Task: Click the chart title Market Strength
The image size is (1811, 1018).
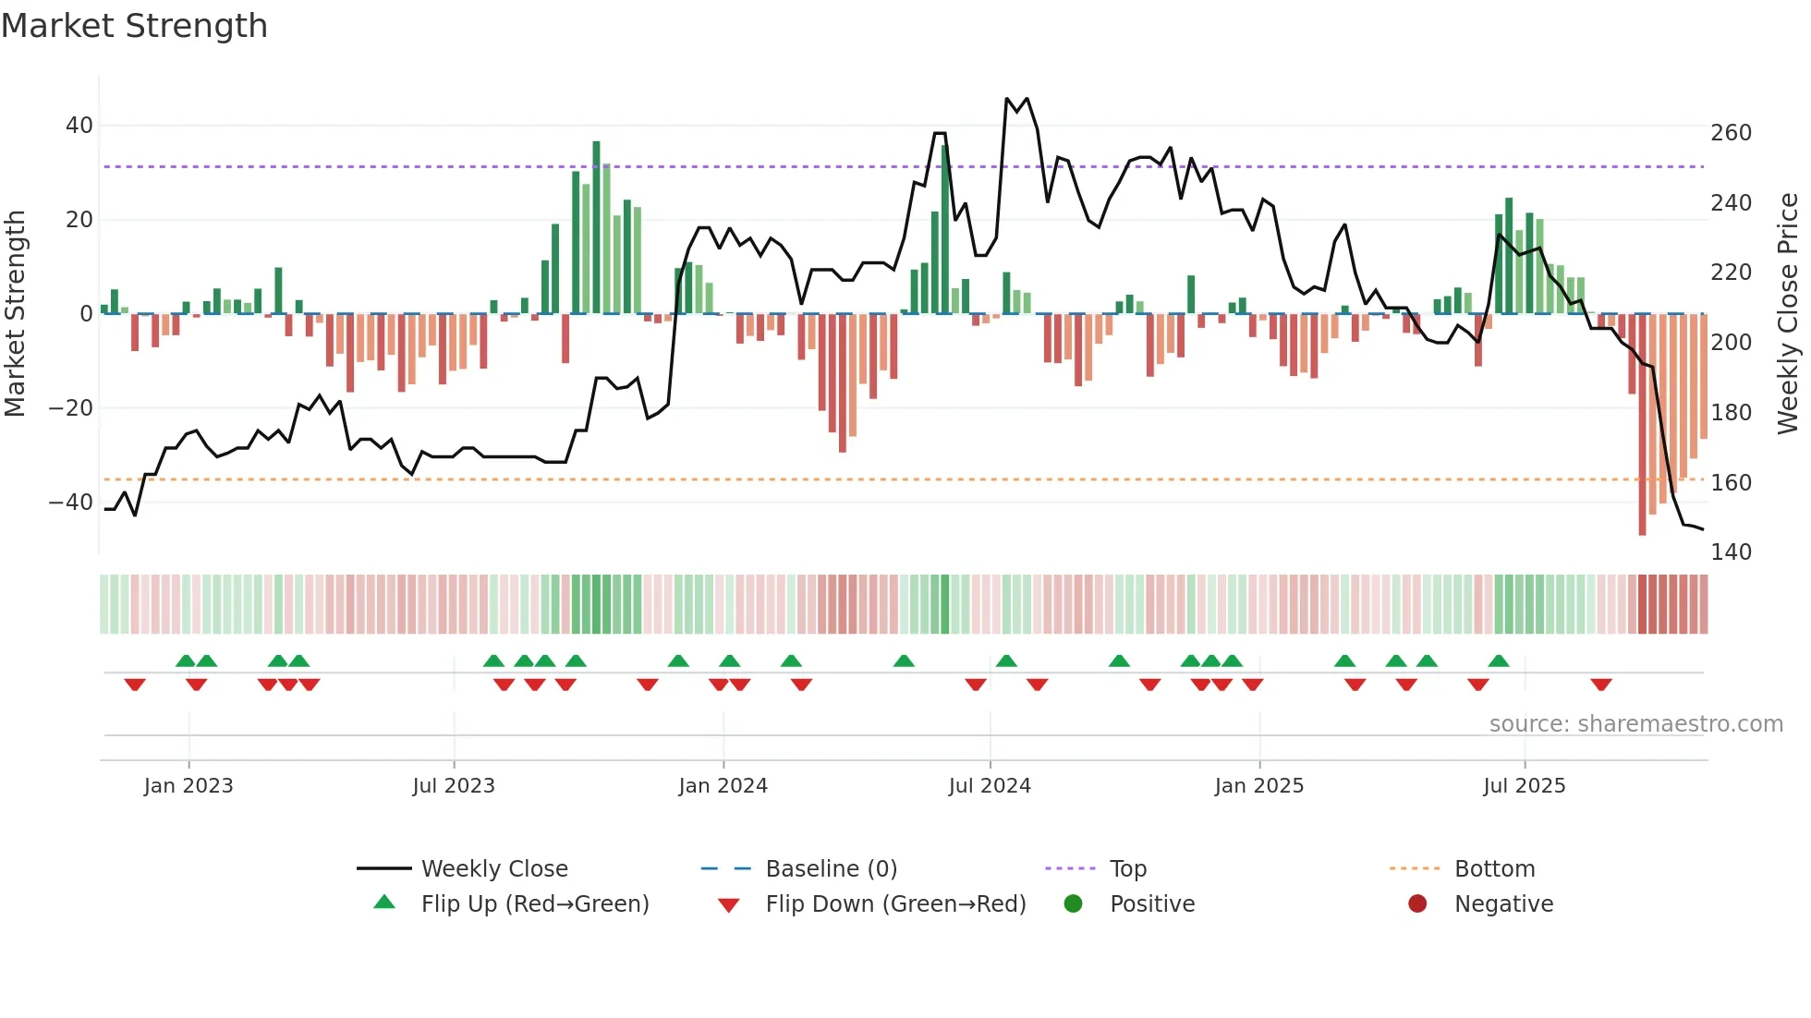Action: point(135,26)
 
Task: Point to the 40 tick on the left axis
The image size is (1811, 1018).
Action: point(79,126)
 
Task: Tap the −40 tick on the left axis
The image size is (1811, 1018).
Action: point(71,503)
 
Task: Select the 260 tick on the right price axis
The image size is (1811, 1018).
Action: point(1731,133)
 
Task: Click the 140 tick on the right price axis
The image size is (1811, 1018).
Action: point(1731,552)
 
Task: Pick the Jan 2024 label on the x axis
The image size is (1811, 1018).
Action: point(723,786)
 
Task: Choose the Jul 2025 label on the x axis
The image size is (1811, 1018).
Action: point(1524,786)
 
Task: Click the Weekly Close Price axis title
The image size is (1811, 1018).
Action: point(1788,314)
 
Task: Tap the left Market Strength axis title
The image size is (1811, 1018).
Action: point(15,314)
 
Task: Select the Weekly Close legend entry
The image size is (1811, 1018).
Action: point(493,869)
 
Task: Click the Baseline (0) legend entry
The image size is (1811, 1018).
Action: point(831,869)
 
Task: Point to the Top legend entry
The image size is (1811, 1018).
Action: point(1127,869)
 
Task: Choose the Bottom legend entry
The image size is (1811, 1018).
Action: point(1494,869)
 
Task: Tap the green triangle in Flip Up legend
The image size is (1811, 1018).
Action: point(384,903)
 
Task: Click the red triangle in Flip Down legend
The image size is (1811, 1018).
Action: point(728,905)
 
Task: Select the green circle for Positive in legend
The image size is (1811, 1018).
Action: point(1073,903)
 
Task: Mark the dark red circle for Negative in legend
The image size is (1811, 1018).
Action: point(1417,903)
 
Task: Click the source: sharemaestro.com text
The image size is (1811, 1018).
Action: point(1635,724)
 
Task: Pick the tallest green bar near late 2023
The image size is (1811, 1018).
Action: point(596,226)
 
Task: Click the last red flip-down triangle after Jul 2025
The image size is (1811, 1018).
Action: point(1601,685)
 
